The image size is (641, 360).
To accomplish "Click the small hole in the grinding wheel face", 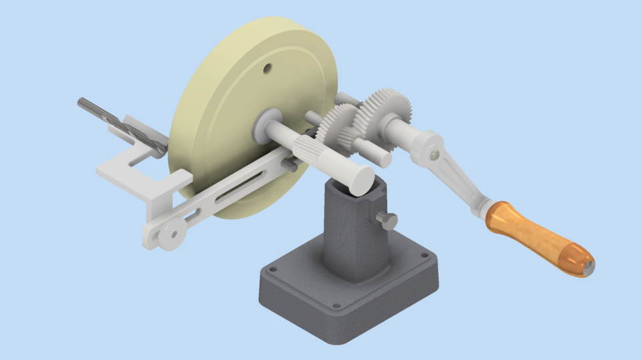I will [x=266, y=67].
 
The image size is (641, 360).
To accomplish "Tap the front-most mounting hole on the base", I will [x=336, y=307].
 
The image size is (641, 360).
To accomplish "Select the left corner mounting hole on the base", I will [x=272, y=271].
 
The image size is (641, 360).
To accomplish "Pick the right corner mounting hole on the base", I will [x=423, y=255].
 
